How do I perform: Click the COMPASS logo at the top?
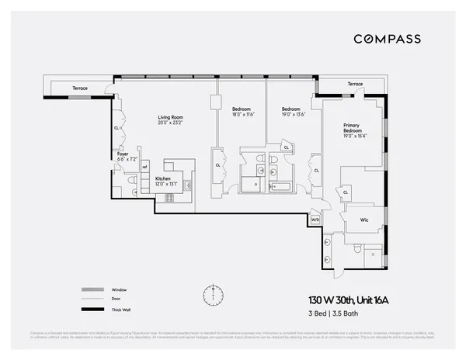click(x=388, y=39)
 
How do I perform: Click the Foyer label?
click(x=123, y=154)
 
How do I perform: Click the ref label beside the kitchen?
click(x=144, y=166)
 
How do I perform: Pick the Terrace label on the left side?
click(x=81, y=88)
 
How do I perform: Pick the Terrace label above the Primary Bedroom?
click(x=355, y=84)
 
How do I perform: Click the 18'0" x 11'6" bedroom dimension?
click(x=242, y=114)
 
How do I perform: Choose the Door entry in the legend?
click(x=117, y=299)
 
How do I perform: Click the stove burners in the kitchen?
click(x=169, y=197)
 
